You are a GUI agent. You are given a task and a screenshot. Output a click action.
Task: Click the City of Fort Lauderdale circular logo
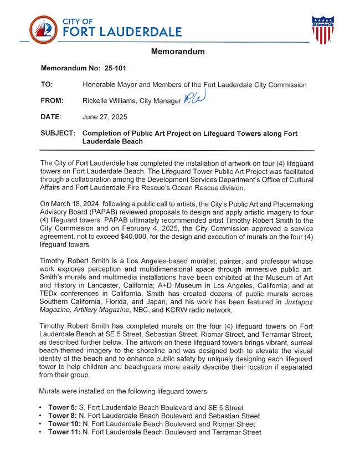click(x=43, y=30)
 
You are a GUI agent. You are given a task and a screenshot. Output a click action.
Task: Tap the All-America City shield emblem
click(x=322, y=30)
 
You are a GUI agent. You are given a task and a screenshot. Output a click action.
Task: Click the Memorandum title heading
click(x=178, y=52)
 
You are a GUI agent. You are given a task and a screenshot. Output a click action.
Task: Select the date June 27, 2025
click(x=105, y=117)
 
